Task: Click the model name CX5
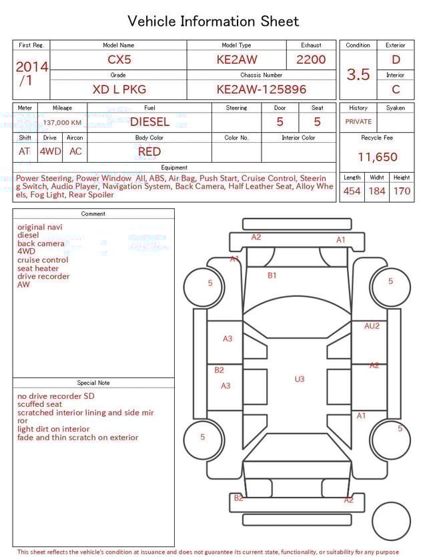pos(119,59)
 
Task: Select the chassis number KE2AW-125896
pos(261,89)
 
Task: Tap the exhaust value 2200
pos(311,59)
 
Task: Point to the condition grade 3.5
pos(358,75)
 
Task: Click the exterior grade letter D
pos(396,59)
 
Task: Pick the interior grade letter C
pos(396,89)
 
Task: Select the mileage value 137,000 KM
pos(62,123)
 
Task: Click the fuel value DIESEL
pos(149,122)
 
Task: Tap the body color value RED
pos(149,151)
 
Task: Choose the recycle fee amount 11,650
pos(377,157)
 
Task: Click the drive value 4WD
pos(50,151)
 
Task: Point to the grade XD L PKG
pos(119,89)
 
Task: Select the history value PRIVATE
pos(358,122)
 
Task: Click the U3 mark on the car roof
pos(300,379)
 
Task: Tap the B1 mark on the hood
pos(272,275)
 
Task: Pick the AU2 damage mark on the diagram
pos(372,326)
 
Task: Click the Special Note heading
pos(93,383)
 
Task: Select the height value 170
pos(402,191)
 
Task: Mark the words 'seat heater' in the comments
pos(38,268)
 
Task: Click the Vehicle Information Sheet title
pos(213,21)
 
